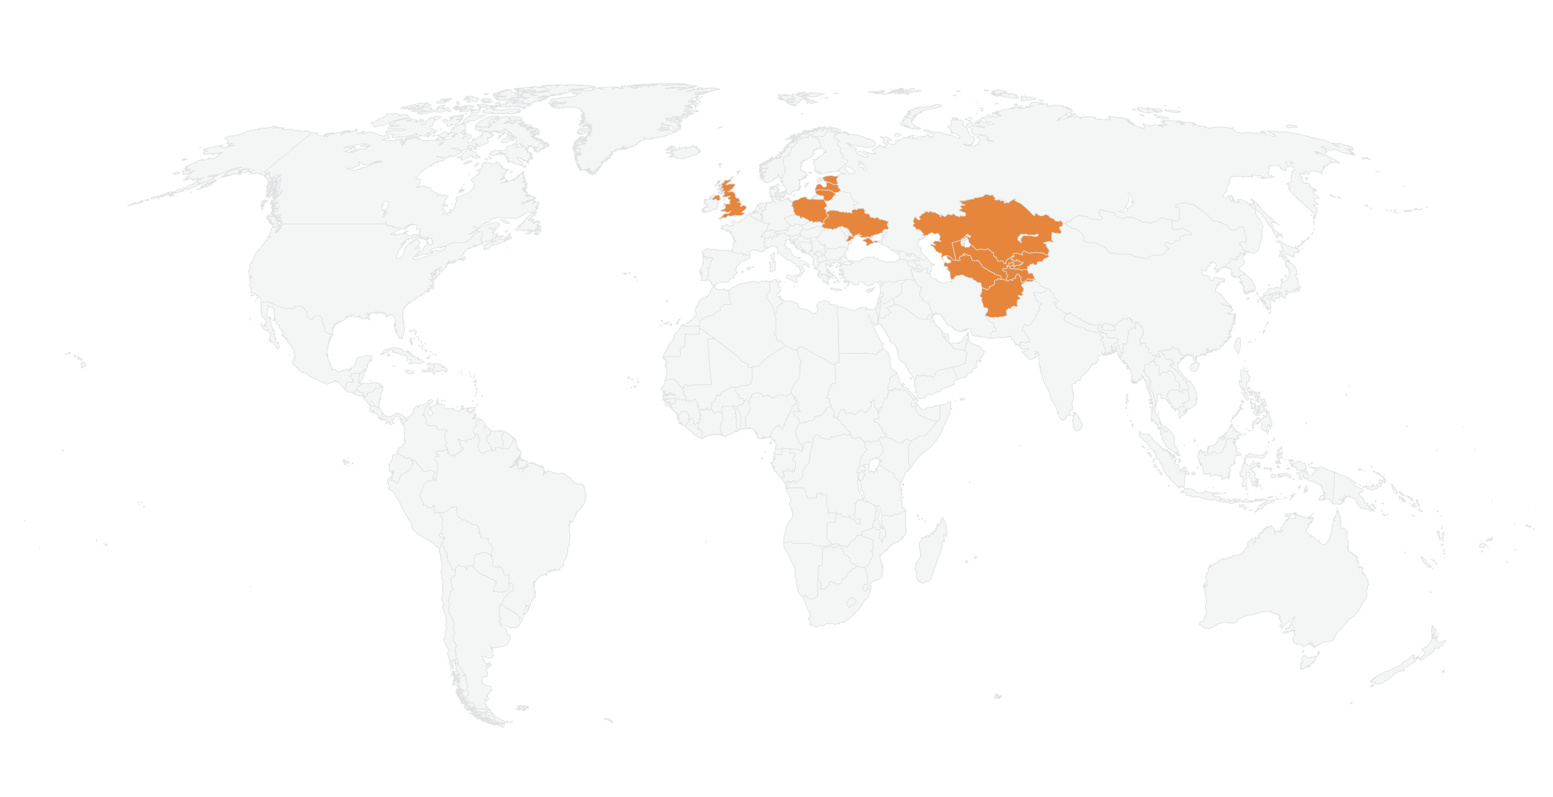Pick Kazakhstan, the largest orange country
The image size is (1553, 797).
(989, 224)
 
